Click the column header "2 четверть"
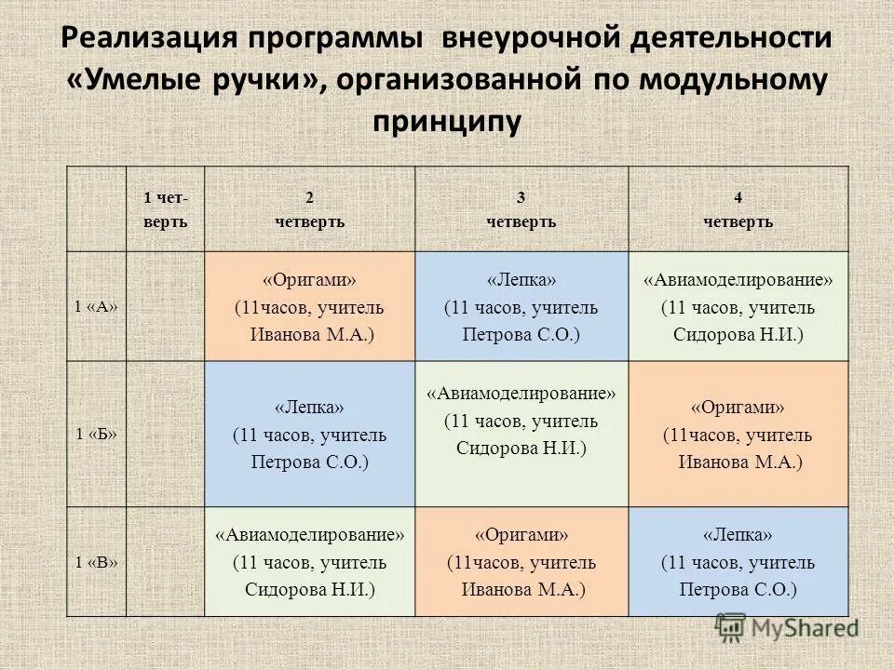[x=309, y=209]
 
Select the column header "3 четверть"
[x=521, y=209]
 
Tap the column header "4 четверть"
[x=738, y=209]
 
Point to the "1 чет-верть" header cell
[x=165, y=209]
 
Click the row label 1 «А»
[x=96, y=306]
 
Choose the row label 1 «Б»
[x=96, y=434]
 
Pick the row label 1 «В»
[x=96, y=561]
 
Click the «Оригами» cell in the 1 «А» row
[x=309, y=306]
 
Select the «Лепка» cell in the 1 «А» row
[x=521, y=306]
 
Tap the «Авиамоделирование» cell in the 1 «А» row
[x=738, y=306]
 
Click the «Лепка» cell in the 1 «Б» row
[x=309, y=434]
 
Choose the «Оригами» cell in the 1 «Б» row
[x=738, y=434]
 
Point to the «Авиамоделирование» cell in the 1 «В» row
[x=309, y=561]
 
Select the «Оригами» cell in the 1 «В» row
[x=521, y=561]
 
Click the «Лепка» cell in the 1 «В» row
[x=738, y=561]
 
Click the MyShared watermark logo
[x=787, y=626]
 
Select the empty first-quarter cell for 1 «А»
[x=165, y=306]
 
